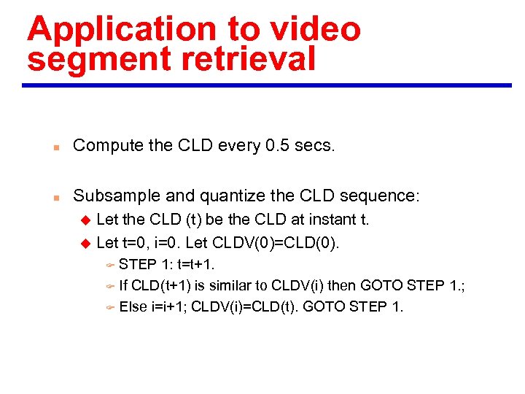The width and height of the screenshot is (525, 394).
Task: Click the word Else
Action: tap(133, 306)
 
